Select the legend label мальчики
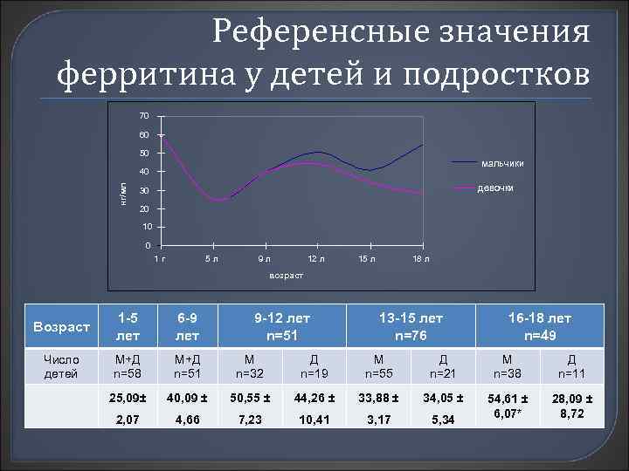[x=502, y=164]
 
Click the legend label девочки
[x=495, y=188]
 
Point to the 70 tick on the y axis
[x=144, y=116]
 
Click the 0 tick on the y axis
[x=148, y=245]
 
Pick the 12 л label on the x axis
[x=315, y=259]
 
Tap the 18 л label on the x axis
[x=420, y=259]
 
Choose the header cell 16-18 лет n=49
[x=535, y=326]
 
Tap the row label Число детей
[x=61, y=367]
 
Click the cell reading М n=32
[x=250, y=367]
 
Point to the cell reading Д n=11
[x=571, y=367]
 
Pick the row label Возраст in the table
[x=61, y=327]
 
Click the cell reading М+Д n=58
[x=128, y=367]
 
